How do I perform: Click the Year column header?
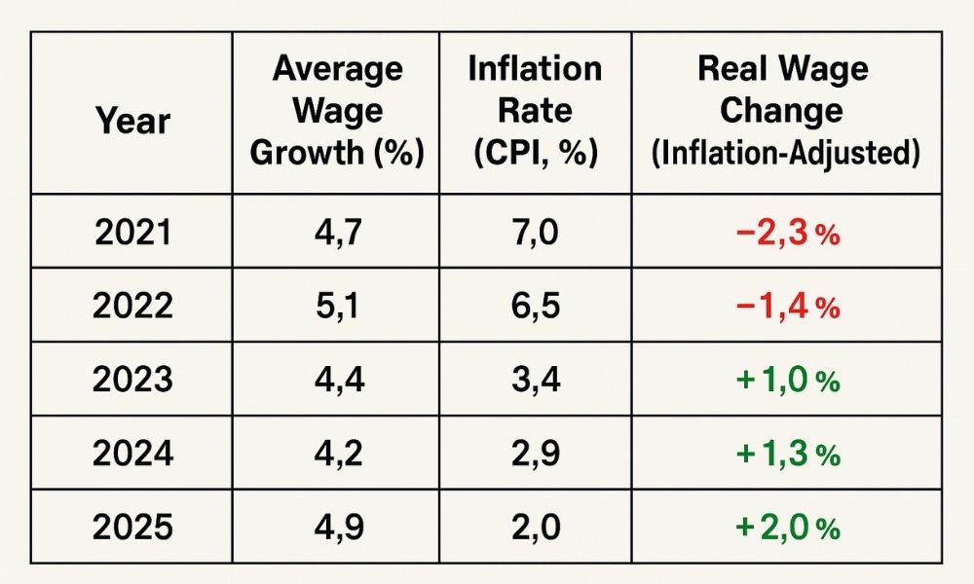132,122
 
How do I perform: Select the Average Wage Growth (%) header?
337,112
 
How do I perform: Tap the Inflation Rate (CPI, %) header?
535,112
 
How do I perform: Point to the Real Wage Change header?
782,90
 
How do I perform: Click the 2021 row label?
132,234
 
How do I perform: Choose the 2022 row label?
132,307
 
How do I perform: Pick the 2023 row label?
132,380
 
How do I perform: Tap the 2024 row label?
132,454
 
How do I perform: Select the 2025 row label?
132,527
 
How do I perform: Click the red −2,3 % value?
787,235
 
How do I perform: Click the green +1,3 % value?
787,455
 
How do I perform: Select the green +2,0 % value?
787,528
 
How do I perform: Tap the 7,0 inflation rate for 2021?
535,234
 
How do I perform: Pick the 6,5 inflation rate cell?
535,307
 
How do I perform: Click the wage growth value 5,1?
337,307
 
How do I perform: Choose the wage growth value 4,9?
337,527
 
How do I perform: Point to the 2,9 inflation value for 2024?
535,454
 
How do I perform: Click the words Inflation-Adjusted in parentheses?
783,154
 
